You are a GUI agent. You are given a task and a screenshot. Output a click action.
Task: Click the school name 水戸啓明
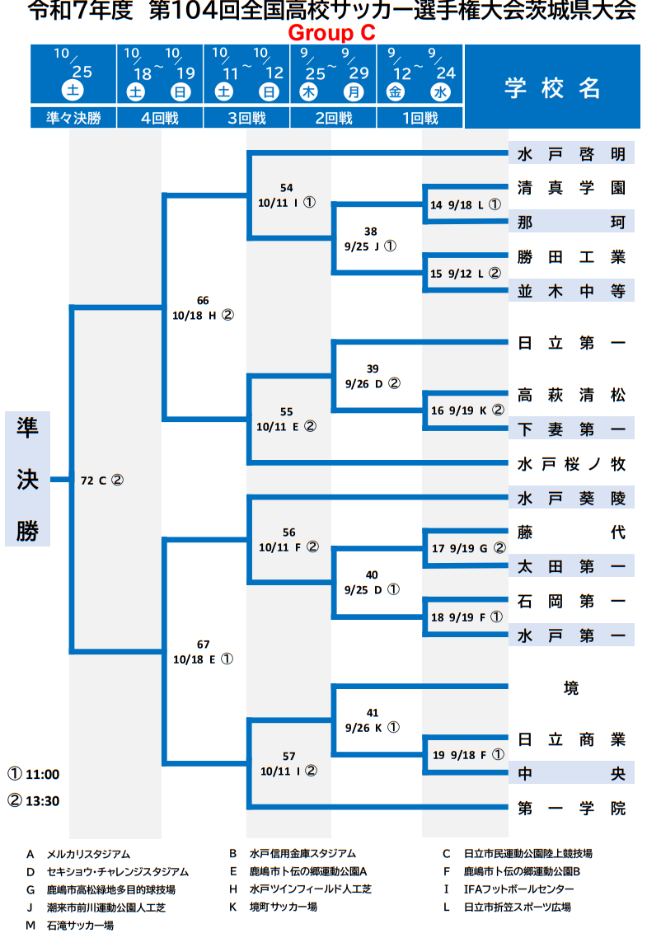coord(571,154)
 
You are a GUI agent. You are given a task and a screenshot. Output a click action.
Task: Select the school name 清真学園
coord(571,188)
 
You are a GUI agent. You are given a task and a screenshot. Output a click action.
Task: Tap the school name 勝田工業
coord(571,257)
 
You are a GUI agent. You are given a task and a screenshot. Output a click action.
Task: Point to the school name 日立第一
coord(571,343)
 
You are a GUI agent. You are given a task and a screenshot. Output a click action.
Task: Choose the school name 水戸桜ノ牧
coord(571,463)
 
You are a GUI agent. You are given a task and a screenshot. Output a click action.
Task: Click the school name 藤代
coord(571,532)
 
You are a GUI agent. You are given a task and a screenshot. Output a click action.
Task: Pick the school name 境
coord(571,687)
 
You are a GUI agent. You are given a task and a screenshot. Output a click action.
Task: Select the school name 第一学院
coord(571,808)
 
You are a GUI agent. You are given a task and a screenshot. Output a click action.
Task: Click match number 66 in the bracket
coord(204,300)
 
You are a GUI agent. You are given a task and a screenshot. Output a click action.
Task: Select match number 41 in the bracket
coord(372,713)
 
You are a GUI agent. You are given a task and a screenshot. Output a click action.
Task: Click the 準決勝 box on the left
coord(27,479)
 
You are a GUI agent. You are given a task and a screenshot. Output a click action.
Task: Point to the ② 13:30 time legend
coord(35,800)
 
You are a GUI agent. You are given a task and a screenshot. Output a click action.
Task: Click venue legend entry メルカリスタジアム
coord(88,854)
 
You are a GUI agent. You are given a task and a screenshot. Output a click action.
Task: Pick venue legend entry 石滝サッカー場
coord(80,926)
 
